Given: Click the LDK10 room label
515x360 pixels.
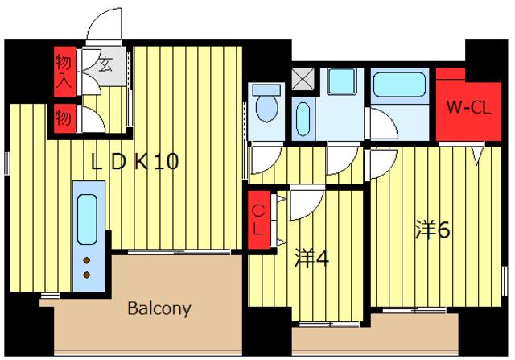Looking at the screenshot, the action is pyautogui.click(x=135, y=161).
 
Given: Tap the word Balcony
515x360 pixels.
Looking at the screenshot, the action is pyautogui.click(x=159, y=308).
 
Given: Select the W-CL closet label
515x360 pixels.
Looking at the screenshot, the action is pyautogui.click(x=468, y=107).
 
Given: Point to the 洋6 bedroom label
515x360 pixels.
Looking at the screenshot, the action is pyautogui.click(x=432, y=230).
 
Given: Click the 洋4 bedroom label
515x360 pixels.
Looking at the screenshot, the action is pyautogui.click(x=311, y=258).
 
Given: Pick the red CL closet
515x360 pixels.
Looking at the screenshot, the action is pyautogui.click(x=259, y=219).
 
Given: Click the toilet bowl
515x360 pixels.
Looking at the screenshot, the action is pyautogui.click(x=266, y=104).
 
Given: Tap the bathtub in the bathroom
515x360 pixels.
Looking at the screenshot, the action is pyautogui.click(x=399, y=85).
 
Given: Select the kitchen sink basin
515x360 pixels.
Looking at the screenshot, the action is pyautogui.click(x=88, y=219).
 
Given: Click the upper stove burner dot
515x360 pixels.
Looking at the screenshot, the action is pyautogui.click(x=87, y=260).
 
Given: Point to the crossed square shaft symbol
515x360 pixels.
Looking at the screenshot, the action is pyautogui.click(x=303, y=78).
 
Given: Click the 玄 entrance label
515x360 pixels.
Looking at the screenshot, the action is pyautogui.click(x=105, y=64).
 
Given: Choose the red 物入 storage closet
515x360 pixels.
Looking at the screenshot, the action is pyautogui.click(x=65, y=72).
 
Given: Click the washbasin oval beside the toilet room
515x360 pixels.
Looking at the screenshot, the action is pyautogui.click(x=303, y=119).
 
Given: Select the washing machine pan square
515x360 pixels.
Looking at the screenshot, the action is pyautogui.click(x=341, y=81).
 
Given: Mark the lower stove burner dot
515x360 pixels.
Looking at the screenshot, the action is pyautogui.click(x=87, y=275).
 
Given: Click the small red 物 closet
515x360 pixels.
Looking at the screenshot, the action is pyautogui.click(x=65, y=118).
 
